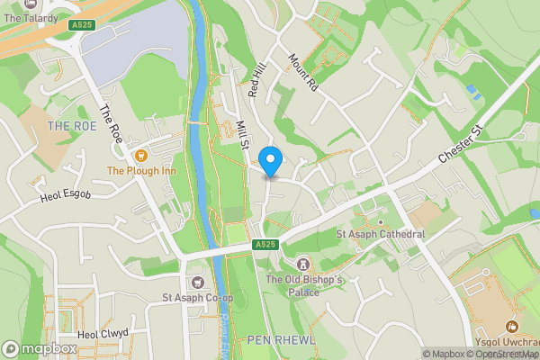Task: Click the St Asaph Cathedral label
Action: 380,234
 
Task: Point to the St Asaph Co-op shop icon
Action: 197,283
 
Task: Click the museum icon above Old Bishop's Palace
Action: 302,264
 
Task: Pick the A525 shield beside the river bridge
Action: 264,244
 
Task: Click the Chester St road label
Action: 462,146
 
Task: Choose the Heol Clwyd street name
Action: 103,333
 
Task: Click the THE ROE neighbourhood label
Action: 72,126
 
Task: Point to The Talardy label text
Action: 31,18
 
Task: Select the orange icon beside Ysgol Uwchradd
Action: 512,327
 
